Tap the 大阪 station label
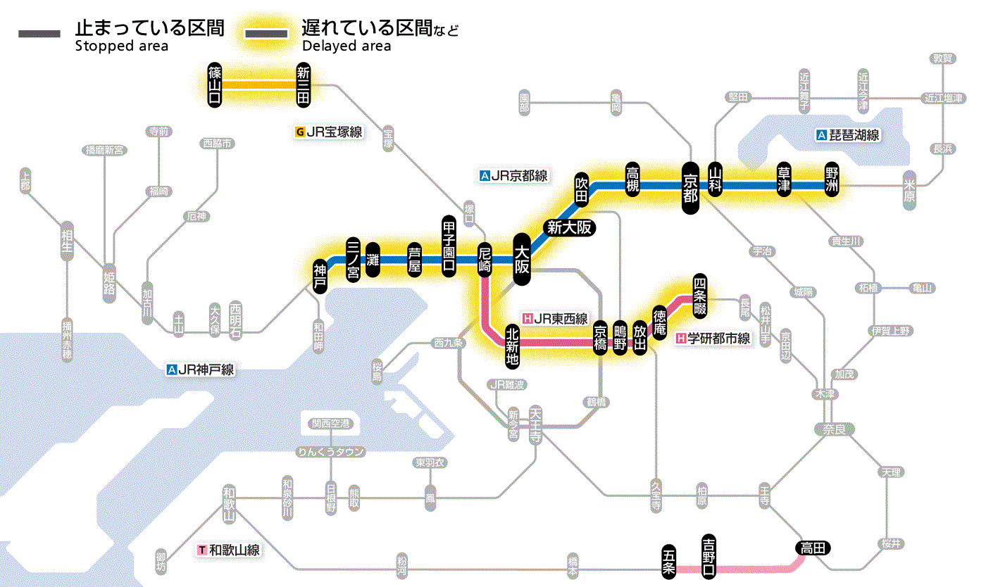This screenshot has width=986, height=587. pyautogui.click(x=522, y=260)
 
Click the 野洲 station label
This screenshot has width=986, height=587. pyautogui.click(x=833, y=183)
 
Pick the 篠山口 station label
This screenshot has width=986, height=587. pyautogui.click(x=215, y=85)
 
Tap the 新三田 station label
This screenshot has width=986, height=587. pyautogui.click(x=304, y=85)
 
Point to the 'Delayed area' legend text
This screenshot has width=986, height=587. pyautogui.click(x=347, y=46)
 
